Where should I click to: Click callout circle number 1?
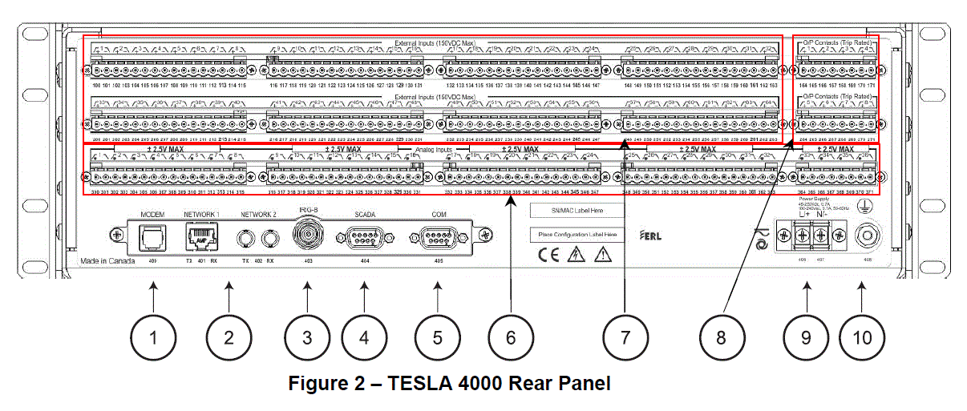pyautogui.click(x=152, y=337)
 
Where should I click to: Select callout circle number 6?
pyautogui.click(x=510, y=337)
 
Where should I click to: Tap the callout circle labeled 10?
pyautogui.click(x=862, y=337)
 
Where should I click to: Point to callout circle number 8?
pyautogui.click(x=721, y=337)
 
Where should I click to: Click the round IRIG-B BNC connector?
pyautogui.click(x=306, y=236)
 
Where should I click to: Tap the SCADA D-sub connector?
pyautogui.click(x=364, y=236)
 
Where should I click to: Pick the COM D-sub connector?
pyautogui.click(x=438, y=236)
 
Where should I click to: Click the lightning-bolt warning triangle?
pyautogui.click(x=575, y=256)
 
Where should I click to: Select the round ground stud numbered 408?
pyautogui.click(x=864, y=236)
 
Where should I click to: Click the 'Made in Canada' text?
pyautogui.click(x=106, y=262)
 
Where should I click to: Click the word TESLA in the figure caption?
pyautogui.click(x=418, y=384)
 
